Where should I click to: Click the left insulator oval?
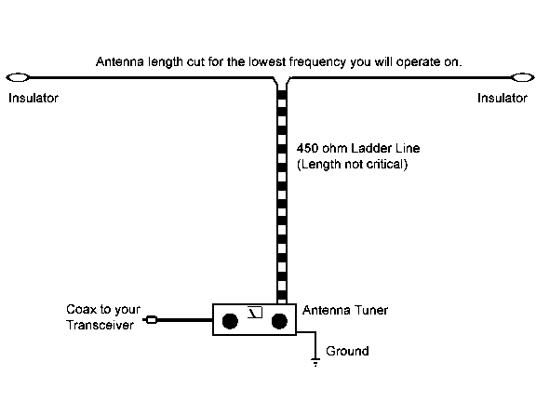tap(18, 78)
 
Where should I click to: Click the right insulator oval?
tap(522, 78)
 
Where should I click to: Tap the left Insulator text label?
tap(33, 98)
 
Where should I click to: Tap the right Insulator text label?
tap(502, 98)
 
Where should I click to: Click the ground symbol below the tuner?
tap(315, 362)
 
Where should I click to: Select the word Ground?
tap(347, 351)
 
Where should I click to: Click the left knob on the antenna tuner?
tap(230, 321)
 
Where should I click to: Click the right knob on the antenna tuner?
tap(279, 321)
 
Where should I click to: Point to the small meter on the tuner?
tap(255, 313)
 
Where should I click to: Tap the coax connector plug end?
tap(151, 320)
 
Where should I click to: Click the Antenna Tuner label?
tap(345, 310)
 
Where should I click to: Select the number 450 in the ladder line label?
tap(307, 148)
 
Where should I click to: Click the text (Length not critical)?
tap(353, 165)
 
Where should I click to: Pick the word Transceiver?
tap(100, 325)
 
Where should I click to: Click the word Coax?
tap(81, 309)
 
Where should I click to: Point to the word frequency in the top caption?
tap(317, 62)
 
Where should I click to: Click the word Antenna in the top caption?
tap(120, 61)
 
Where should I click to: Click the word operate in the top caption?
tap(418, 62)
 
